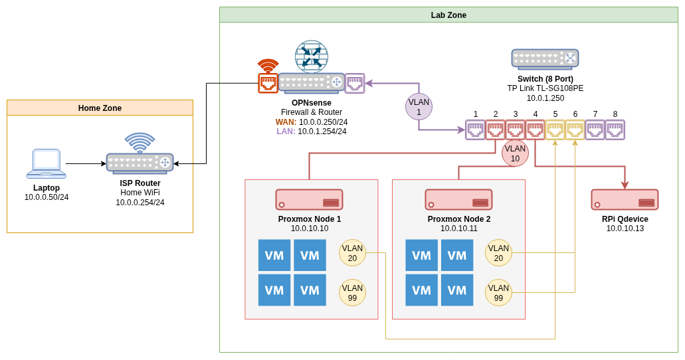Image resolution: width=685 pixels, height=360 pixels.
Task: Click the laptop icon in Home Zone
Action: tap(47, 163)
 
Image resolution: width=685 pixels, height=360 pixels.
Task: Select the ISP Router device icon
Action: tap(140, 162)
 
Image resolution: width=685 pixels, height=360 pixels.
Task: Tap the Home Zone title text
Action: tap(100, 108)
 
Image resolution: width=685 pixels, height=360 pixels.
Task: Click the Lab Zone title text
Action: tap(448, 15)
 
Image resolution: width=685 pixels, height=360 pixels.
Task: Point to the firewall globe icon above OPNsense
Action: tap(312, 56)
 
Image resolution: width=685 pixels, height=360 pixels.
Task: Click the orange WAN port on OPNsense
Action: tap(268, 83)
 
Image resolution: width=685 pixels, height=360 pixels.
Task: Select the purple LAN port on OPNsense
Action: tap(355, 83)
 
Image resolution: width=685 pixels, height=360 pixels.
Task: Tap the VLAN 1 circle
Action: tap(419, 107)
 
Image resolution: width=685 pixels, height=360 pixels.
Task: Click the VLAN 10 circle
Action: tap(515, 153)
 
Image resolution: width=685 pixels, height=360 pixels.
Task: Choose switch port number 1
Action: tap(475, 130)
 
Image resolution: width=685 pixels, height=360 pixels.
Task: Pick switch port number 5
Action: tap(555, 130)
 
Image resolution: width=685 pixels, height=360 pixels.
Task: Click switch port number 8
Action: tap(615, 130)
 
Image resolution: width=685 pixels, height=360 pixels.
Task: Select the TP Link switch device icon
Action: tap(545, 58)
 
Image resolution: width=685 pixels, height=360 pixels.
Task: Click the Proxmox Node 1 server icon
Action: tap(309, 199)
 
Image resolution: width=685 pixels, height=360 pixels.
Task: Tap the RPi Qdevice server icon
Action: tap(625, 199)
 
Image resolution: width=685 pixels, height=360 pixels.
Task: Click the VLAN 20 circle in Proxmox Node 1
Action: tap(352, 253)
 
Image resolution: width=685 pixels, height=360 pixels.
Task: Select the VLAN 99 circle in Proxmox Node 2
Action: tap(498, 293)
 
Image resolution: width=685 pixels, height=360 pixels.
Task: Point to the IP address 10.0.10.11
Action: tap(458, 228)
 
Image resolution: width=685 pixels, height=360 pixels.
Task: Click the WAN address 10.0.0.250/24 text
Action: tap(323, 122)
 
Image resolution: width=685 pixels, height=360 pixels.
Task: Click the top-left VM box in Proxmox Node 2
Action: tap(421, 255)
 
